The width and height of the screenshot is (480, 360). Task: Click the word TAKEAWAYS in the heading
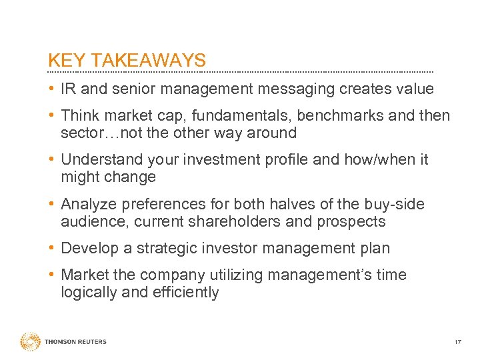pos(149,61)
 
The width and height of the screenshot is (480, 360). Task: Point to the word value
pos(413,89)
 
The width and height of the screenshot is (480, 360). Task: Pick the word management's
pos(315,275)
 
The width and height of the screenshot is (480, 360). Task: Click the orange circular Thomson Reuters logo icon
pos(31,341)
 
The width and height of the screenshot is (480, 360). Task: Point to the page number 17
pos(457,342)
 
